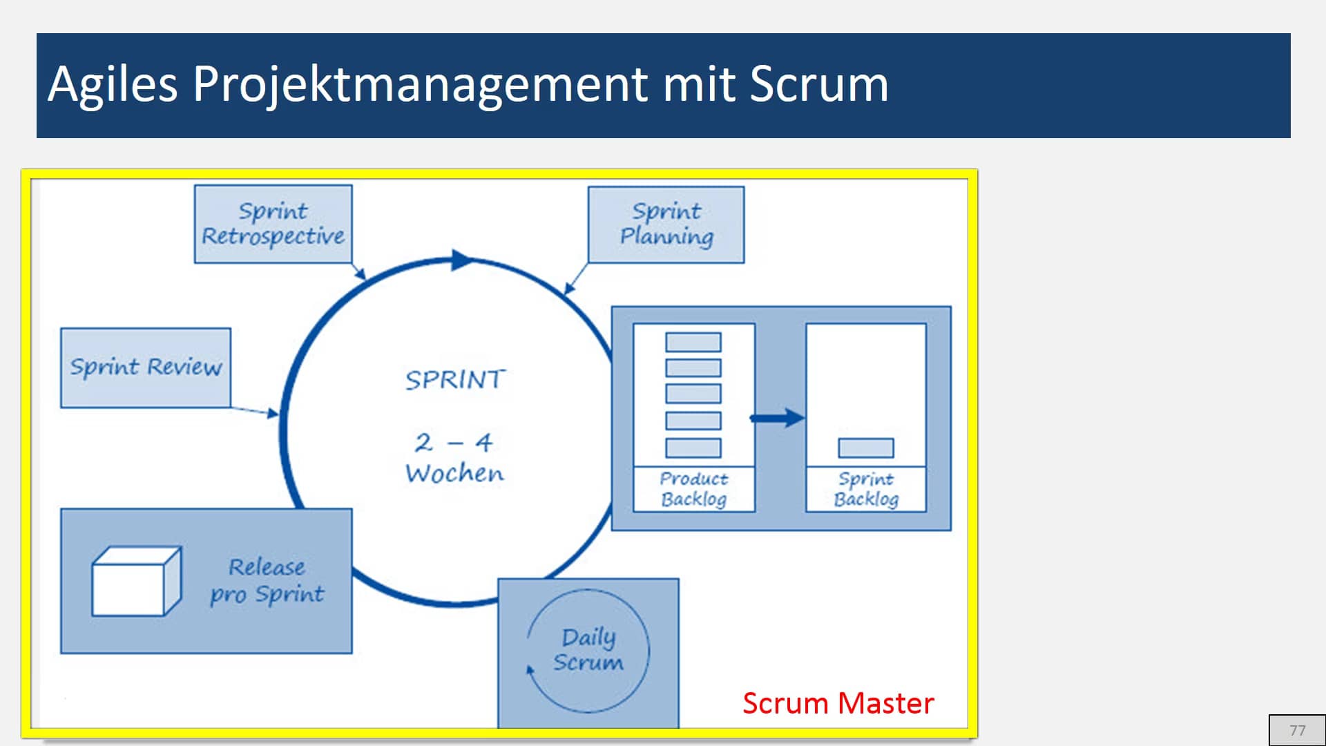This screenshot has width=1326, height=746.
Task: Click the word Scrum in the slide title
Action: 819,84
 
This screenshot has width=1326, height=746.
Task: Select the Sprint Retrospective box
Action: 273,224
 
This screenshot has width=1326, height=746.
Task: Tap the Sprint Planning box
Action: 666,224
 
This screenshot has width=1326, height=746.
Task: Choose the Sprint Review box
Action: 146,367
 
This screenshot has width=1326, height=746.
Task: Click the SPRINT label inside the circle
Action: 455,379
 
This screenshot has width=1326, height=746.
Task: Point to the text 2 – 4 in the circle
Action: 454,442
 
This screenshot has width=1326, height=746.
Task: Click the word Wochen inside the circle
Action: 454,474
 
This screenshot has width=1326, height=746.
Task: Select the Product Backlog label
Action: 693,489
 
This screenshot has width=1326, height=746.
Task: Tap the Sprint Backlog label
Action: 866,489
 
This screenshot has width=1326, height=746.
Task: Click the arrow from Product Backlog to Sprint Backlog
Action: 778,417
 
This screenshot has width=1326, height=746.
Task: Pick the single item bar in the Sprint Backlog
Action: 866,448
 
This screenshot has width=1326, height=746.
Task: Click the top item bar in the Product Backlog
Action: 693,342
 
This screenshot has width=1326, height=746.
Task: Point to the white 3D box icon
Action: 137,581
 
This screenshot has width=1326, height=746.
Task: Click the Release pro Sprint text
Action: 267,581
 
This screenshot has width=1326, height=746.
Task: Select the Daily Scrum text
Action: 588,649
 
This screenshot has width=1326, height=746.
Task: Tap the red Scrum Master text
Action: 838,703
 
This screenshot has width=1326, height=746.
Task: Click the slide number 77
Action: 1298,730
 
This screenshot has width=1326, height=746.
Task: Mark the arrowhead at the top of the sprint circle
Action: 463,260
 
